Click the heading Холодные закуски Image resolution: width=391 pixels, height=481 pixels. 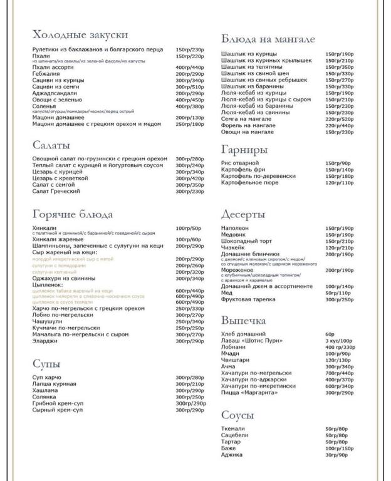[x=80, y=34]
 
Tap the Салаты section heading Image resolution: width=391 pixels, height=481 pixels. [x=51, y=145]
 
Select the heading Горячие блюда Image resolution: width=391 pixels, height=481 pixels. [x=72, y=214]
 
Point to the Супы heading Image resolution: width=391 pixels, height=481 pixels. [x=46, y=364]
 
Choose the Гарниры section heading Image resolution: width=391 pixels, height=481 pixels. [x=244, y=150]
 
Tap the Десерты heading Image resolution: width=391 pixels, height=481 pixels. [x=243, y=215]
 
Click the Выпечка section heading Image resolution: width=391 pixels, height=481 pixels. [x=243, y=321]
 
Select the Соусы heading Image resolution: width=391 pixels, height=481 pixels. [x=237, y=415]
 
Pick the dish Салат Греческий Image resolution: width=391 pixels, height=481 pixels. [x=56, y=191]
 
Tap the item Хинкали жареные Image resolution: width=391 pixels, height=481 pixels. [x=58, y=239]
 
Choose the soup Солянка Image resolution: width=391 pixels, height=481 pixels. [x=44, y=397]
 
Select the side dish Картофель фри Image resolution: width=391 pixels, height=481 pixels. [x=244, y=170]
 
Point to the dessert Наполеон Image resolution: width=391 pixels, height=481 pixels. [x=235, y=229]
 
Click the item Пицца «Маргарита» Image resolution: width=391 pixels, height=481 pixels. [x=249, y=392]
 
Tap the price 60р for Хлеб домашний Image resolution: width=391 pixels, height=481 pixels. [x=330, y=334]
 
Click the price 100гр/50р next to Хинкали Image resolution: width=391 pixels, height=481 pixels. [x=189, y=229]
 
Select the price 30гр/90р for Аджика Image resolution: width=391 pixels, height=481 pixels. [x=336, y=455]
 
